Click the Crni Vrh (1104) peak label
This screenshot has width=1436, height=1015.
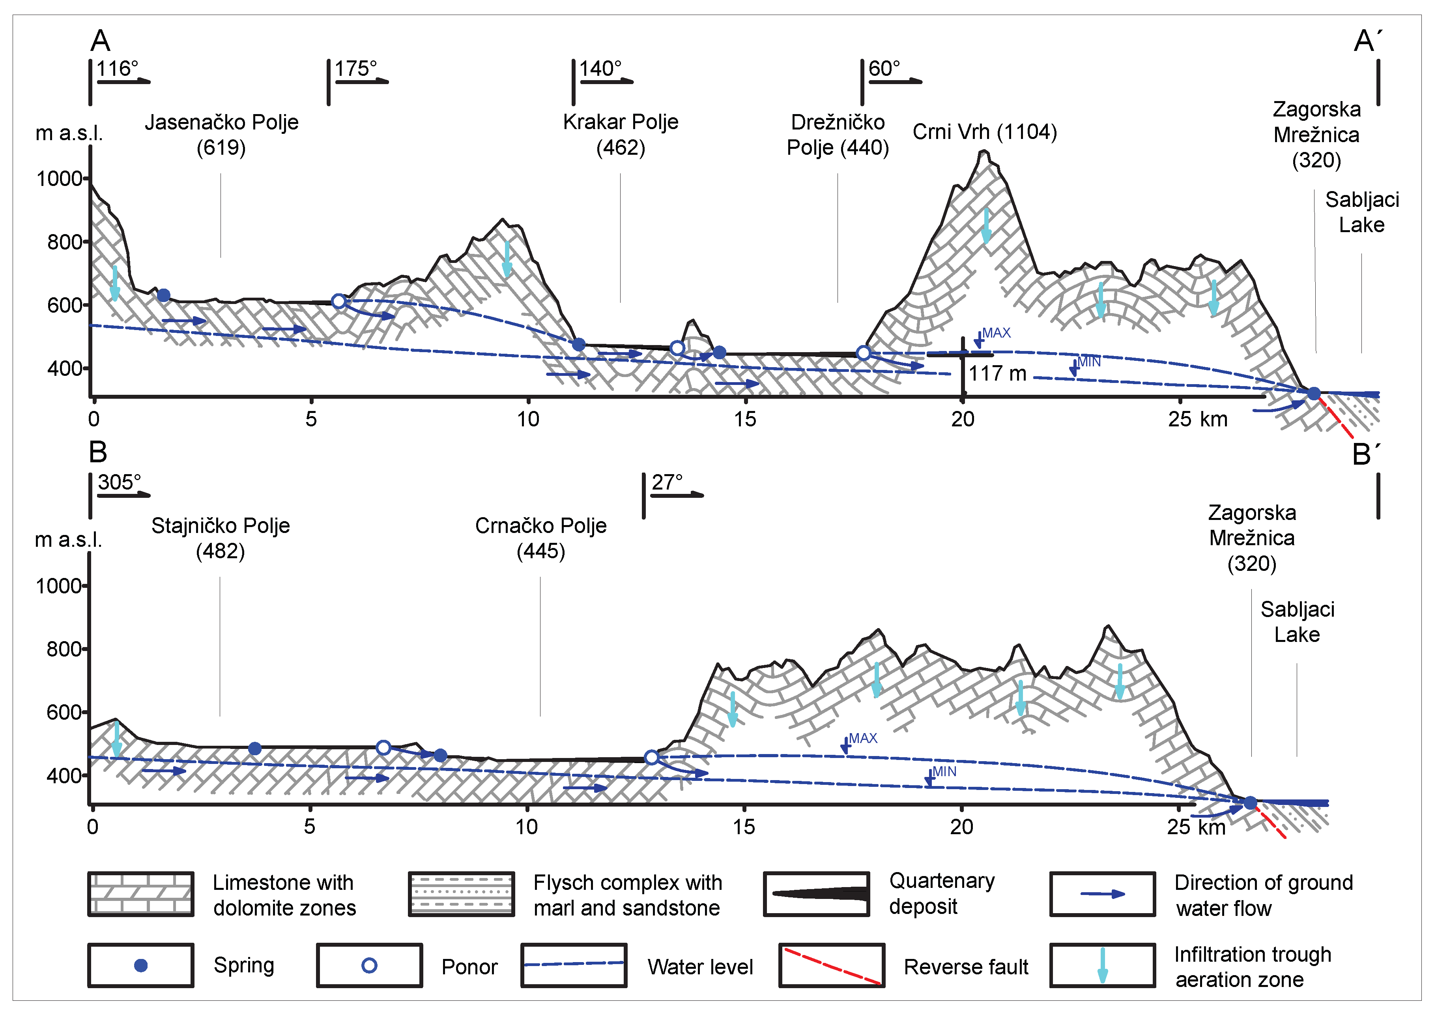984,132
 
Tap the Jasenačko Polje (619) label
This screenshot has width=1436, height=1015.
221,135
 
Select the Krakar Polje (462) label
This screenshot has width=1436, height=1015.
621,135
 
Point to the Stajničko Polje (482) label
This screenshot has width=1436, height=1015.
220,538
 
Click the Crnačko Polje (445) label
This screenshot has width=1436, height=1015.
540,538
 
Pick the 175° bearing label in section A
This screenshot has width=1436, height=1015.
356,68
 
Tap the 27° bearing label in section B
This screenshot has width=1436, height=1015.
667,482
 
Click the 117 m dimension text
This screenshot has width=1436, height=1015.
998,373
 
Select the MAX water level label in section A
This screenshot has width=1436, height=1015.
996,333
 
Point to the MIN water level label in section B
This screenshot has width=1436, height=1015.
944,771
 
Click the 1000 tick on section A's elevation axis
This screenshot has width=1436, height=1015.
60,179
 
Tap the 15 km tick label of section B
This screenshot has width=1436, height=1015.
744,827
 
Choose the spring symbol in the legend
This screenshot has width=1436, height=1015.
141,966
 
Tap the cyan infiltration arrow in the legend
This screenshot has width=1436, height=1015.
1103,966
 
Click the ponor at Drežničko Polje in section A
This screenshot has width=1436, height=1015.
863,353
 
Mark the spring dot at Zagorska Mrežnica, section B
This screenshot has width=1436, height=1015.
1250,803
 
